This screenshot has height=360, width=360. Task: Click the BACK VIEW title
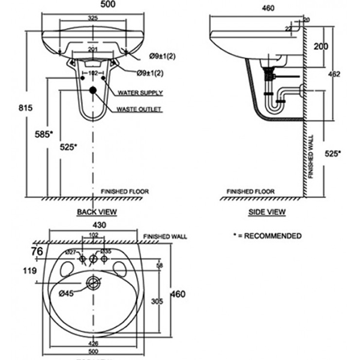coord(97,212)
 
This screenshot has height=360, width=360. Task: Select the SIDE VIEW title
coord(266,212)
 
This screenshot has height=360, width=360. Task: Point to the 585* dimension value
coord(43,133)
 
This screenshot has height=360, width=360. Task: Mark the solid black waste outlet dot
coord(92,91)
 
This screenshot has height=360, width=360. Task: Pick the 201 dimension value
coord(92,50)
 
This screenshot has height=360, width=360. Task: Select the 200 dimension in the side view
coord(321,46)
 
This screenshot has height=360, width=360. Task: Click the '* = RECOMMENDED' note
coord(267,236)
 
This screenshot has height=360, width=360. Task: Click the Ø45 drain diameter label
coord(66,293)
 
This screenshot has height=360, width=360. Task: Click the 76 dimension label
coord(37,251)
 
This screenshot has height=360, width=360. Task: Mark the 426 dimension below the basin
coord(93,344)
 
